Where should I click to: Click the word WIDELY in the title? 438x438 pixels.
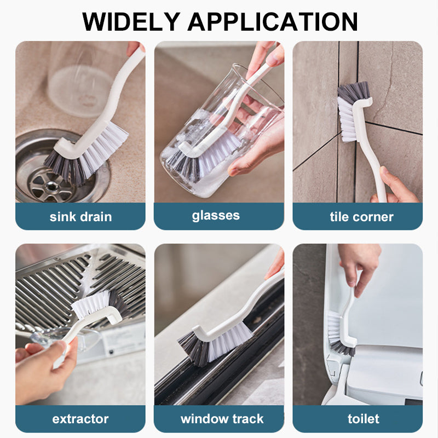click(131, 21)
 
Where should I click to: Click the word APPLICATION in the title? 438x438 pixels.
click(273, 21)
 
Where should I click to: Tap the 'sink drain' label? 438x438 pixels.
click(80, 217)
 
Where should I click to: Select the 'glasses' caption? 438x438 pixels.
click(216, 216)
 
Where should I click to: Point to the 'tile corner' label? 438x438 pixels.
click(362, 217)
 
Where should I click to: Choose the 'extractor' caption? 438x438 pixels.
click(80, 419)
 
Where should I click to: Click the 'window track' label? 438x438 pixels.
click(222, 419)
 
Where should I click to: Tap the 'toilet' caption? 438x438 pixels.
click(364, 419)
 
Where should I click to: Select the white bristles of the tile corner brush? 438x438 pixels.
click(347, 120)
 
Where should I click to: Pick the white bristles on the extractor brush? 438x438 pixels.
click(91, 304)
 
